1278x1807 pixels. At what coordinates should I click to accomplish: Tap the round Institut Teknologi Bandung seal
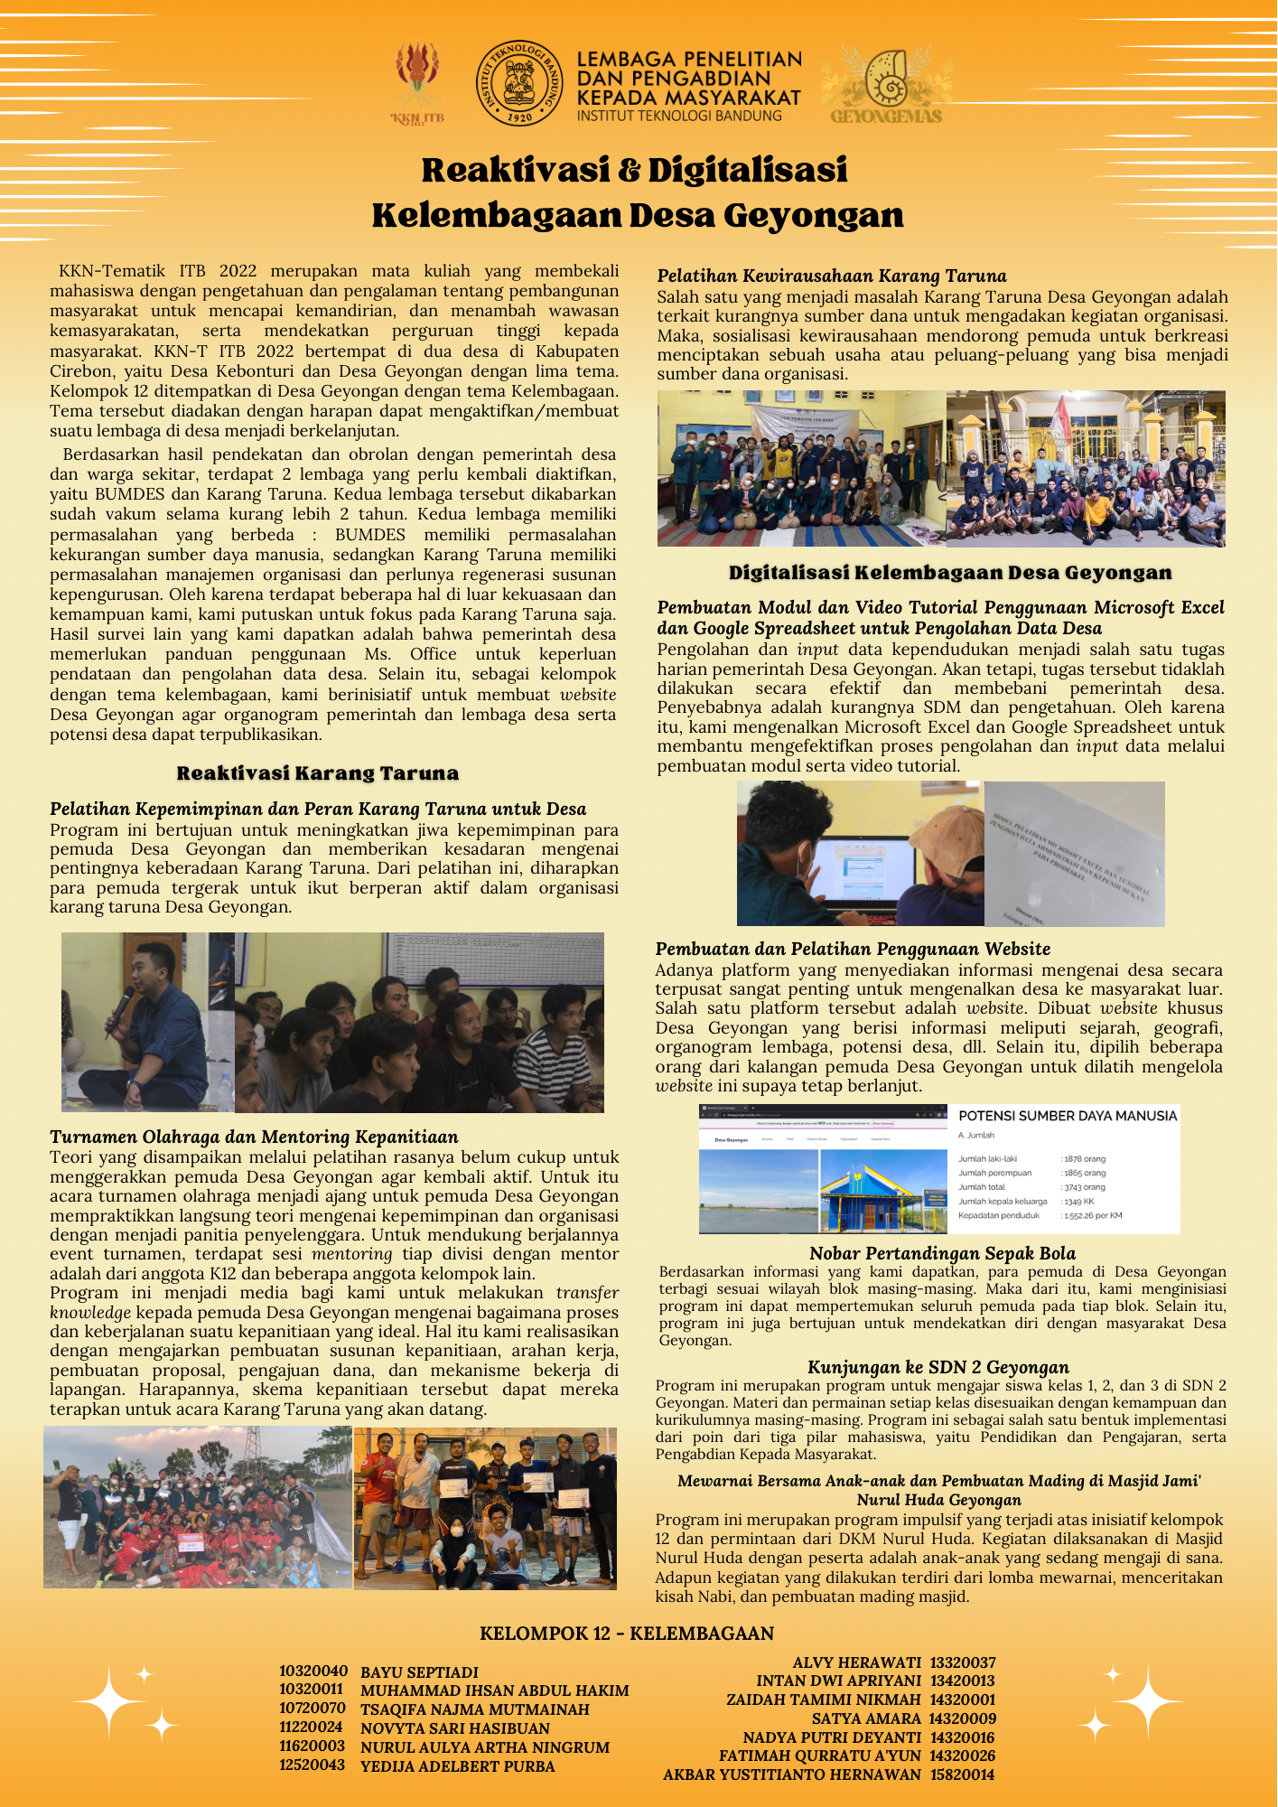(518, 83)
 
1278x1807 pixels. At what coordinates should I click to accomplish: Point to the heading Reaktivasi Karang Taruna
(317, 773)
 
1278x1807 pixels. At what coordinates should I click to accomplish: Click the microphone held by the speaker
(121, 1004)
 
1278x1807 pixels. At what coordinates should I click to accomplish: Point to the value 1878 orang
(1083, 1158)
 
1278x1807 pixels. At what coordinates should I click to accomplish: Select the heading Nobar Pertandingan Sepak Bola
(942, 1253)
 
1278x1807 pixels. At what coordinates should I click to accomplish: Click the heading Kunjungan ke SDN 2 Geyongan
(938, 1367)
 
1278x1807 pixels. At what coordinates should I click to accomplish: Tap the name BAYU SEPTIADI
(419, 1672)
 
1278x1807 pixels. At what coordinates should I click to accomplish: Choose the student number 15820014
(962, 1774)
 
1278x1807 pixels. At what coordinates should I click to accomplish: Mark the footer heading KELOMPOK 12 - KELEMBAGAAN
(627, 1634)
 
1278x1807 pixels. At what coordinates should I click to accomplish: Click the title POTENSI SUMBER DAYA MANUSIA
(1067, 1116)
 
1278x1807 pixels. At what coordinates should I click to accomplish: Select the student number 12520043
(312, 1765)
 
